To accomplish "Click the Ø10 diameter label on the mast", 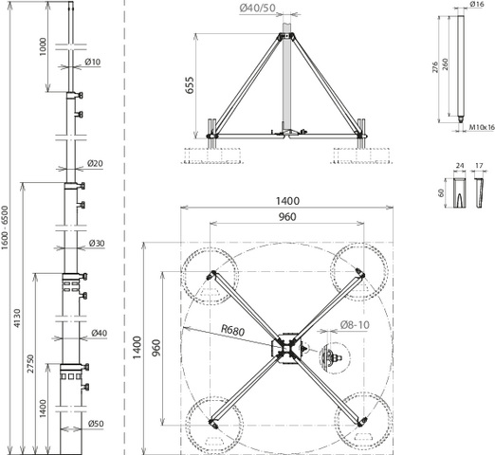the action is pos(93,62).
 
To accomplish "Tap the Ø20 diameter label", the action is pos(95,163).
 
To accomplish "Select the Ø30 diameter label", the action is pos(97,244).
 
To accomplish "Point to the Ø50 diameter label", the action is pos(96,424).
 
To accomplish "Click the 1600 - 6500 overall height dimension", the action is pos(5,227).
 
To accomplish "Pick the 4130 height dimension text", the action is pos(17,318).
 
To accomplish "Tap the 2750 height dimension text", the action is pos(30,364).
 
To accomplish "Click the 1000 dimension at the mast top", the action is pos(43,46).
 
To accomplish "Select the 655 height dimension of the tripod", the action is pos(190,84).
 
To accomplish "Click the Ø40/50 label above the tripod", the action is pos(258,8).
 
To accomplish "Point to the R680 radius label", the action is pos(233,330).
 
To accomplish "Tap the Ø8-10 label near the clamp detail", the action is pos(355,325).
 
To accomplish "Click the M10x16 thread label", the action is pos(482,127).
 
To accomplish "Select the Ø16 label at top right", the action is pos(477,4).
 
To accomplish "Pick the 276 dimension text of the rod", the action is pos(435,67).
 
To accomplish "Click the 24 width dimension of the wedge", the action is pos(460,166).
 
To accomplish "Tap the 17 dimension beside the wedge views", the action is pos(479,166).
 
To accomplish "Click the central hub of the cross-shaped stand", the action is pos(287,349).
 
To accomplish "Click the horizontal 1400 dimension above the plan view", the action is pos(287,201).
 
